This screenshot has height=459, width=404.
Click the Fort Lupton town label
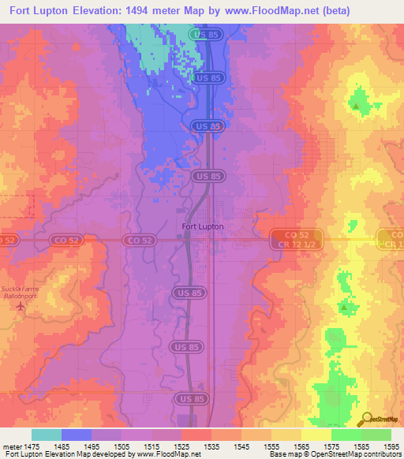point(203,226)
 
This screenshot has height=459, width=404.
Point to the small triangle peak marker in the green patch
point(357,104)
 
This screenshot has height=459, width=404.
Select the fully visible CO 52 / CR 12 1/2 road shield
point(297,239)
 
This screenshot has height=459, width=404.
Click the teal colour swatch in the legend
point(47,435)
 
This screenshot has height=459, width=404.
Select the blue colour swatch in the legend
point(77,435)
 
